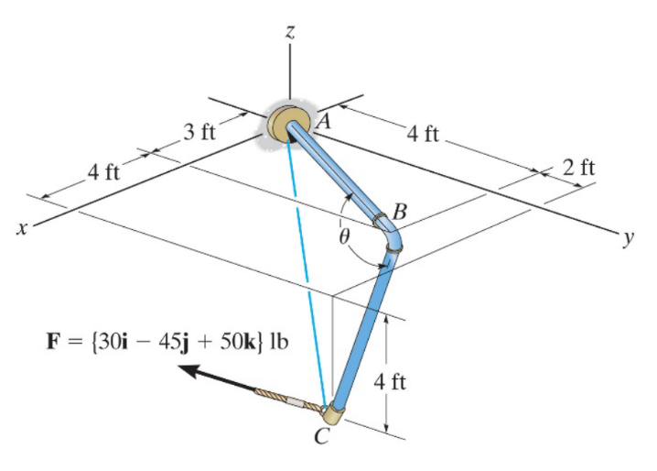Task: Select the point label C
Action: [x=320, y=437]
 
